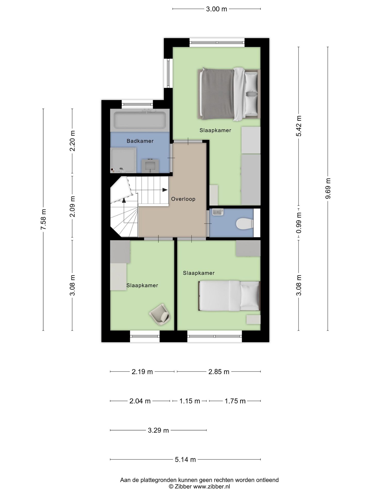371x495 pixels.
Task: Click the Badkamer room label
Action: coord(140,141)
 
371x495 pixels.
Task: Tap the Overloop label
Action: coord(183,199)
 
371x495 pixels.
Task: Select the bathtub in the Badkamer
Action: coord(140,120)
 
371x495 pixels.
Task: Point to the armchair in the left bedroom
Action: coord(160,315)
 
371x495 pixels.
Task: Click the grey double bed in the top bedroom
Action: coord(228,94)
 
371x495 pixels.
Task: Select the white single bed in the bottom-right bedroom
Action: coord(229,296)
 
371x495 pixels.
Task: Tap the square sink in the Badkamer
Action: coord(150,166)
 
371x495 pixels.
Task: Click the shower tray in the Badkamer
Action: coord(123,160)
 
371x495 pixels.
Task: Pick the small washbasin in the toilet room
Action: coord(218,212)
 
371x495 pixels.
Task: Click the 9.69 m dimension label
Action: coord(328,188)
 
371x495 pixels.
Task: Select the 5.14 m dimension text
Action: coord(185,459)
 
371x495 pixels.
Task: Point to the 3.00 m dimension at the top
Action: coord(216,9)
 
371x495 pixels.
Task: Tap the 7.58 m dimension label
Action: coord(43,219)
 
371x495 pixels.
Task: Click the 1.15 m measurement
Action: coord(190,401)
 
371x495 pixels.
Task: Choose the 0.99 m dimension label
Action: coord(299,223)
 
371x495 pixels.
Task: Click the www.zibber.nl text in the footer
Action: coord(211,487)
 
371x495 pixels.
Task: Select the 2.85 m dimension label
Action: coord(219,372)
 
